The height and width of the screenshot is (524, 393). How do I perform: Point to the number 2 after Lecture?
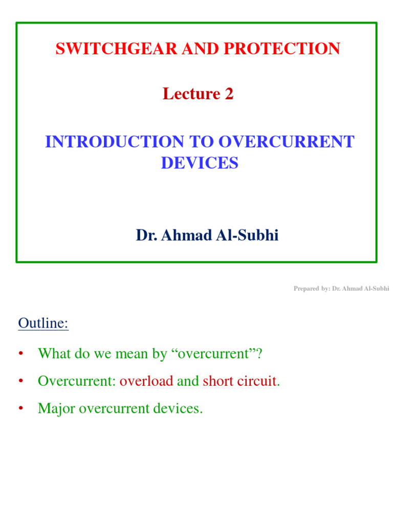coord(229,94)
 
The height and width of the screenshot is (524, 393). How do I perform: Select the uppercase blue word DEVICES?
coord(200,163)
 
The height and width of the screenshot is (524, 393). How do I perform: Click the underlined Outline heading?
coord(43,323)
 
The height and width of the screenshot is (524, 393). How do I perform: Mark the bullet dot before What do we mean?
coord(20,354)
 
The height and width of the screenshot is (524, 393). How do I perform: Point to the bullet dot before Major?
coord(20,409)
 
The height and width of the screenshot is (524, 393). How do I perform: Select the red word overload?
coord(146,381)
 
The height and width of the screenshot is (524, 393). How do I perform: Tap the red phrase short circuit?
coord(239,381)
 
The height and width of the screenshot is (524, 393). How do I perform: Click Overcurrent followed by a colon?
coord(77,381)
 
